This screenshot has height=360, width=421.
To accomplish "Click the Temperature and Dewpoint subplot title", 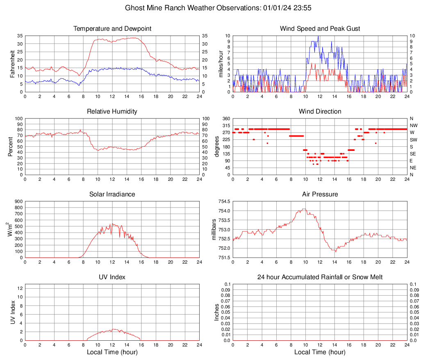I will (112, 29).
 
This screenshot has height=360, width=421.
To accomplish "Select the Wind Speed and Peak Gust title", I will (320, 29).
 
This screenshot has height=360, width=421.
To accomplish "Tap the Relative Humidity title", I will (112, 112).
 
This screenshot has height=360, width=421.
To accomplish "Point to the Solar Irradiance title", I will (112, 194).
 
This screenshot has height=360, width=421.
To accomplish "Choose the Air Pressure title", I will (320, 194).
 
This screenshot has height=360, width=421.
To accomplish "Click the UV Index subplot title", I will (112, 277).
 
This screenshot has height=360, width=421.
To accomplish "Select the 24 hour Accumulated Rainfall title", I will (320, 277).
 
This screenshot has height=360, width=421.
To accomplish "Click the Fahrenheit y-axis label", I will (12, 64).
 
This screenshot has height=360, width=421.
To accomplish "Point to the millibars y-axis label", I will (214, 229).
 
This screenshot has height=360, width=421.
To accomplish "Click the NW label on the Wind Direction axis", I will (414, 125).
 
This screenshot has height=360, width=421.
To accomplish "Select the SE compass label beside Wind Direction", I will (413, 154).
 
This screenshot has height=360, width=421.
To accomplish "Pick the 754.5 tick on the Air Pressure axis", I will (224, 201).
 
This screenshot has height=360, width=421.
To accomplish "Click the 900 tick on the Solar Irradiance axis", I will (18, 201).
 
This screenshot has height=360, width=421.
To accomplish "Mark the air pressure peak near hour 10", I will (304, 209).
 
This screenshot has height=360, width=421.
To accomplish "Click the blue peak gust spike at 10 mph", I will (318, 36).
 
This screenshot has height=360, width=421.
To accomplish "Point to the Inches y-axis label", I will (217, 312).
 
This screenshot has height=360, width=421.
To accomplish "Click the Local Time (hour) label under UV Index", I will (112, 352).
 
